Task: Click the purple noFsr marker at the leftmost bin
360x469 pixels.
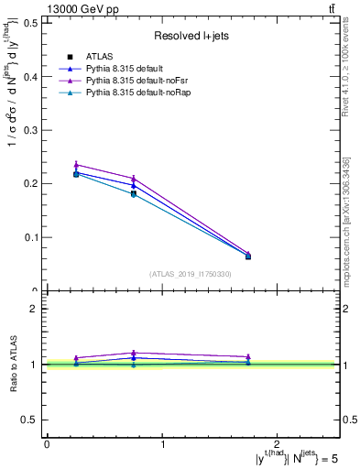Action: (76, 165)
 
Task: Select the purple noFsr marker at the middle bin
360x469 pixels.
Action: (134, 179)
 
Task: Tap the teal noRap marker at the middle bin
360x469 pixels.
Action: (134, 194)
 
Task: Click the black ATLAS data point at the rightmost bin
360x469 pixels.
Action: (248, 256)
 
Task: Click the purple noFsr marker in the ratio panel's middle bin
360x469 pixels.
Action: (134, 353)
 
